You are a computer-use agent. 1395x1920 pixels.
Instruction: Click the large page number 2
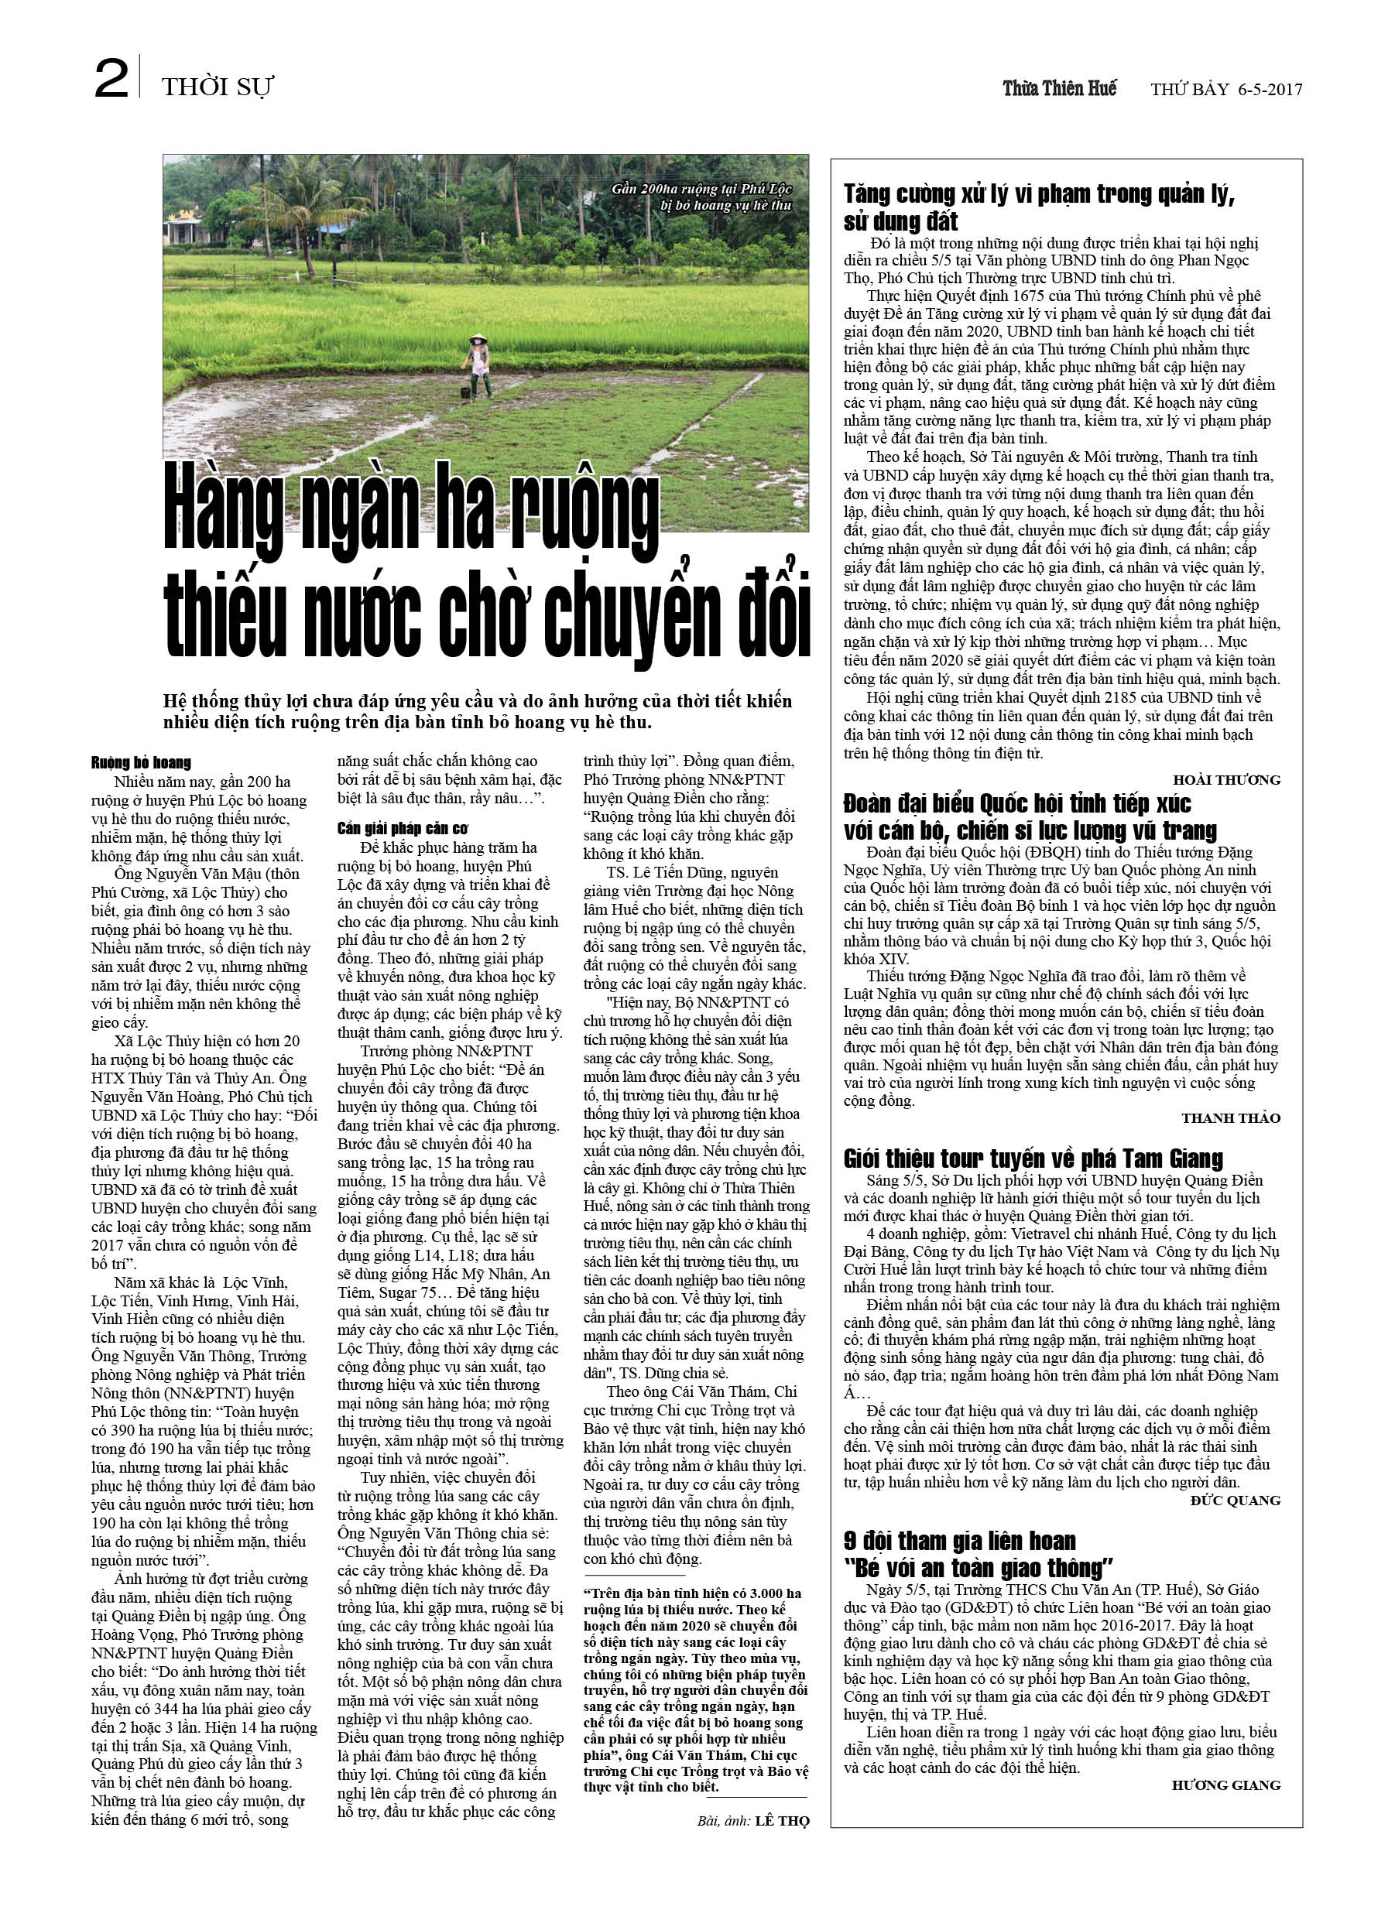[x=111, y=80]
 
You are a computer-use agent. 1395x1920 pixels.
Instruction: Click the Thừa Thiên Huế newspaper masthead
[x=1059, y=88]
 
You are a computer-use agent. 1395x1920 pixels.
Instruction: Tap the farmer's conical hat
[x=477, y=337]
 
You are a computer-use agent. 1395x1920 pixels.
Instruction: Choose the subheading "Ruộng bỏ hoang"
[x=141, y=763]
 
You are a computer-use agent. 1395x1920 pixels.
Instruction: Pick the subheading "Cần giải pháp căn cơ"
[x=402, y=828]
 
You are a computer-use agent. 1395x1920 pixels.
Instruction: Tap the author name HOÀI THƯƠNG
[x=1225, y=779]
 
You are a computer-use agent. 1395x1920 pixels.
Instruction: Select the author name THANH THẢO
[x=1231, y=1118]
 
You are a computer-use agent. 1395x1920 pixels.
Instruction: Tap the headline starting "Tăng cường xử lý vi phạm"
[x=1037, y=207]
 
